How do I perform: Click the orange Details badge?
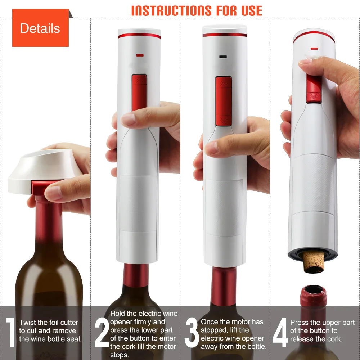click(x=40, y=28)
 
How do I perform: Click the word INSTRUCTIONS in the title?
click(x=170, y=10)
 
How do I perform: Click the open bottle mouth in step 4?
click(x=313, y=290)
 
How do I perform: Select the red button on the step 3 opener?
click(x=224, y=101)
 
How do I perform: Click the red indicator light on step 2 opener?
click(x=140, y=55)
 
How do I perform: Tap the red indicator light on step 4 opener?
click(x=314, y=48)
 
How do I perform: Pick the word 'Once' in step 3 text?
click(x=209, y=322)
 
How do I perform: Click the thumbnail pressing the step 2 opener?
click(x=128, y=119)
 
